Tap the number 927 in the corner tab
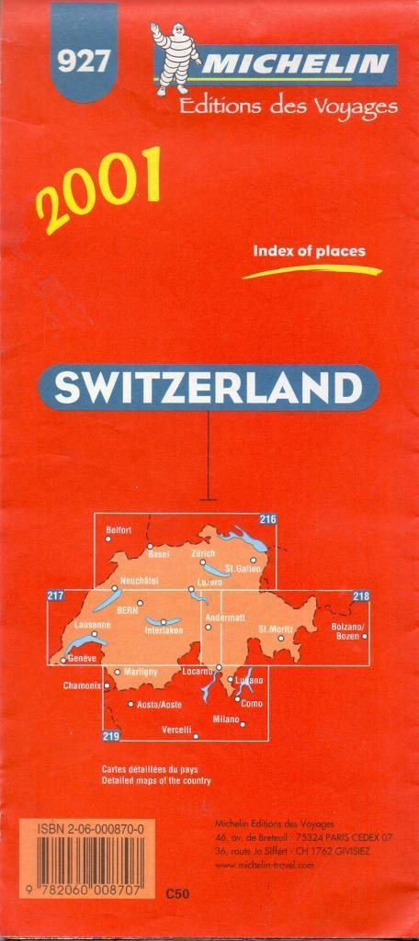[x=84, y=62]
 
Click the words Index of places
[x=310, y=251]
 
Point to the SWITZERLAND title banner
[x=208, y=387]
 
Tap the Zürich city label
[x=203, y=554]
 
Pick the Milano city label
[x=225, y=718]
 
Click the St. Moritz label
[x=276, y=629]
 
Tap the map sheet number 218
[x=360, y=597]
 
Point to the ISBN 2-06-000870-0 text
[x=90, y=828]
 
